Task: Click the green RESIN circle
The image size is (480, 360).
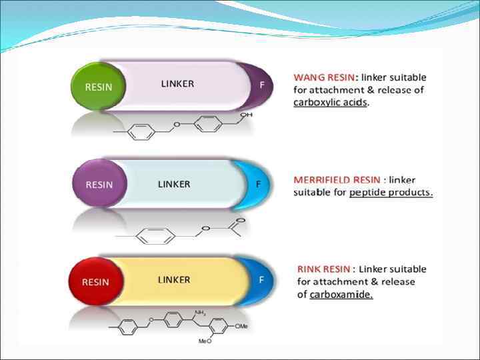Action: (x=97, y=86)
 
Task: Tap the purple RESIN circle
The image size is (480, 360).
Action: (x=99, y=185)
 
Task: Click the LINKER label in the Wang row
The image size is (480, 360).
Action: (x=177, y=84)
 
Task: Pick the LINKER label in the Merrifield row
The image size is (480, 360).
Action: (x=174, y=184)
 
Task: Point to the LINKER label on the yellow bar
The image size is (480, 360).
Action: (x=174, y=280)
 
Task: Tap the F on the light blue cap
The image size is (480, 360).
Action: (x=259, y=184)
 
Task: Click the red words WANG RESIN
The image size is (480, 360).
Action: (x=325, y=77)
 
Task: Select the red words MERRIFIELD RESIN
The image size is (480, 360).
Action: (x=337, y=180)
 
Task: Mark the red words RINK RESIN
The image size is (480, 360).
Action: (x=324, y=269)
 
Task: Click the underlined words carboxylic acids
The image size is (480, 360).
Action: (x=330, y=103)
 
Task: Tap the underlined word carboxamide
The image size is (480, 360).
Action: (x=341, y=295)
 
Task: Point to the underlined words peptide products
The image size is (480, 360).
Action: (x=391, y=193)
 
